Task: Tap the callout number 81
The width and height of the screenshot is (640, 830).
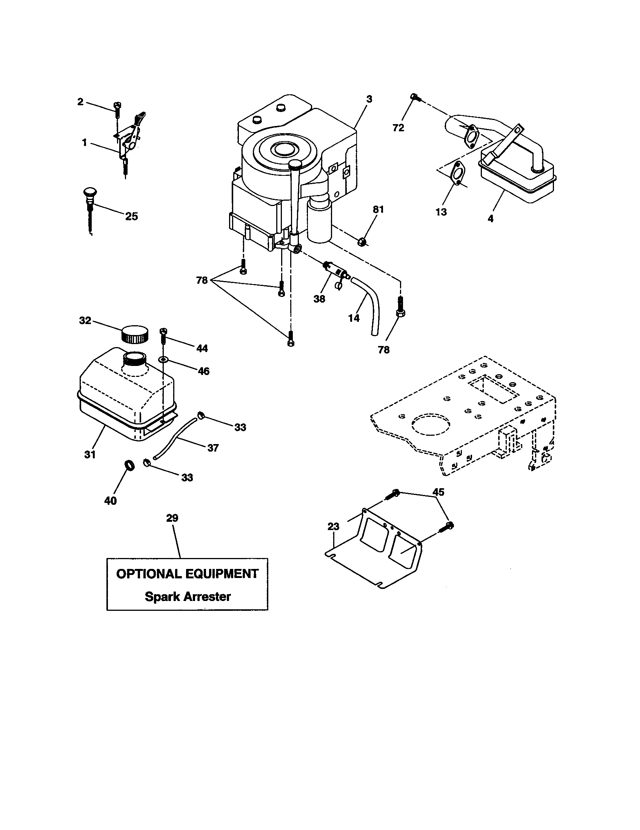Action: click(x=378, y=209)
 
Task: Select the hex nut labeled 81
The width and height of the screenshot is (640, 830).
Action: click(x=362, y=241)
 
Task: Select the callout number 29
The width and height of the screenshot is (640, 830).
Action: click(x=172, y=518)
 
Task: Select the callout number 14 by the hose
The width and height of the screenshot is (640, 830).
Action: click(x=354, y=318)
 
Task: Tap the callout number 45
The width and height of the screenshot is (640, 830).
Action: click(x=438, y=492)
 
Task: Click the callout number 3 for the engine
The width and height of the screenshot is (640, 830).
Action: click(x=369, y=99)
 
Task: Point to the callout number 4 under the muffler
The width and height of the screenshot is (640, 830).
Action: click(x=490, y=218)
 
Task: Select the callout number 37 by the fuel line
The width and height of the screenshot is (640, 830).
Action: click(x=213, y=448)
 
